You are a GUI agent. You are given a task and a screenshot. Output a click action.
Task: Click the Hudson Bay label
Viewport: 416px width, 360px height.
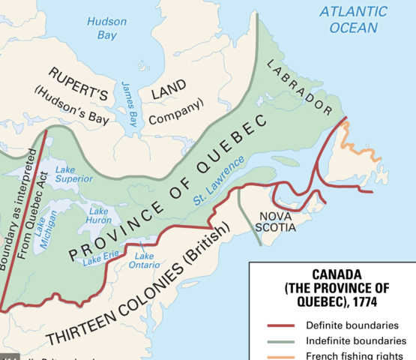(106, 28)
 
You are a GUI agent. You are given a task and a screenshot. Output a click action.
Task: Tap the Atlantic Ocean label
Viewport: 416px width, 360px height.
(353, 19)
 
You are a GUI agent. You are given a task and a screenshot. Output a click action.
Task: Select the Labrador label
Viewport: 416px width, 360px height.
(299, 85)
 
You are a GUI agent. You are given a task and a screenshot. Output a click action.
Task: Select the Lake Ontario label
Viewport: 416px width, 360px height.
(145, 260)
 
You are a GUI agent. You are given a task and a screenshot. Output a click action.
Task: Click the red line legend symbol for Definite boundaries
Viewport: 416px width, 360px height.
(280, 326)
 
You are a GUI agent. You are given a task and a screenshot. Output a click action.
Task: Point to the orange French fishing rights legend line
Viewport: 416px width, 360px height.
(280, 355)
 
